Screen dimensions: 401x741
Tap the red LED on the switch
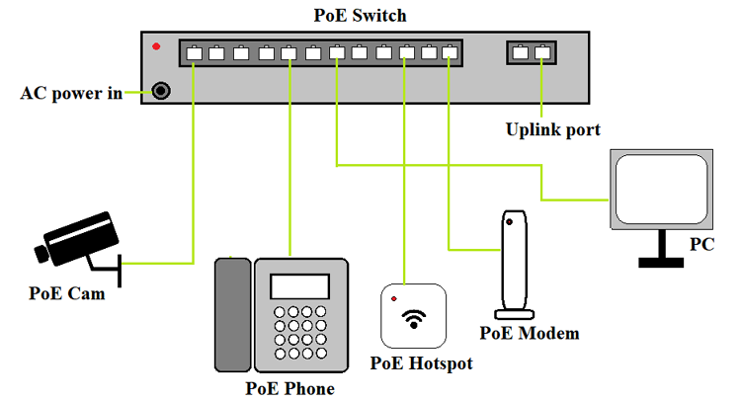[x=155, y=46]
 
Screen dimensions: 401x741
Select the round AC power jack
[x=158, y=92]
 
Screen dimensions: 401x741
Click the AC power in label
[x=72, y=93]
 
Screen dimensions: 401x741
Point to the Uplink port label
[x=553, y=129]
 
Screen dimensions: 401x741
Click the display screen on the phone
[x=299, y=285]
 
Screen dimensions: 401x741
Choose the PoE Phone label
[x=289, y=388]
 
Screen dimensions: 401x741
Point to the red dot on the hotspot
[x=394, y=297]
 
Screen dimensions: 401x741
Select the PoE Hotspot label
[x=421, y=363]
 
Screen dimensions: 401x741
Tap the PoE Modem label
[x=529, y=333]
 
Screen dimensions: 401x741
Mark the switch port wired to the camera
[x=194, y=53]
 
